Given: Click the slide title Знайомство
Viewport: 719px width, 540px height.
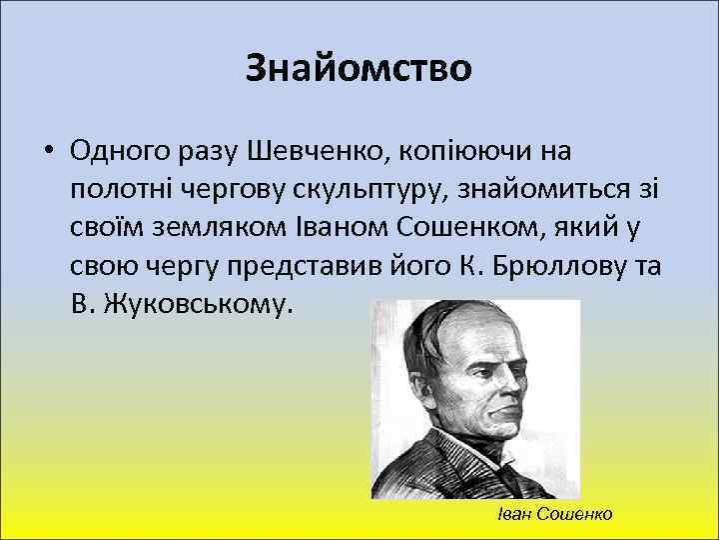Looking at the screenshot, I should pyautogui.click(x=359, y=68).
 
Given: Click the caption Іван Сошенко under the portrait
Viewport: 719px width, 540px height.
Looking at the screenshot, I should pyautogui.click(x=554, y=513).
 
